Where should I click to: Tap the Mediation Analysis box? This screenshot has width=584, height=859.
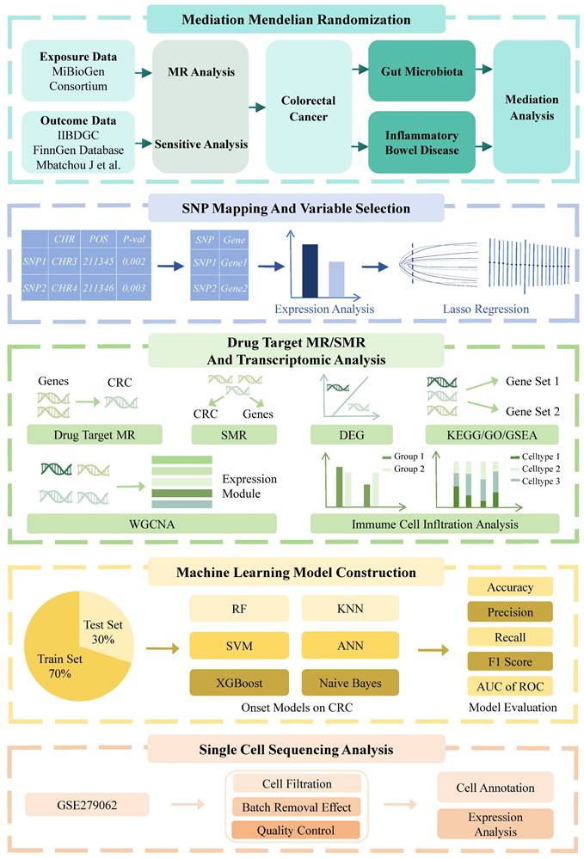531,107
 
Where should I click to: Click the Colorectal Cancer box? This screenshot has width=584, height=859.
308,107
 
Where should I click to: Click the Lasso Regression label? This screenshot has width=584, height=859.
484,308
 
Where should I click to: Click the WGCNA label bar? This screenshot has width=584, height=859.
151,522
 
